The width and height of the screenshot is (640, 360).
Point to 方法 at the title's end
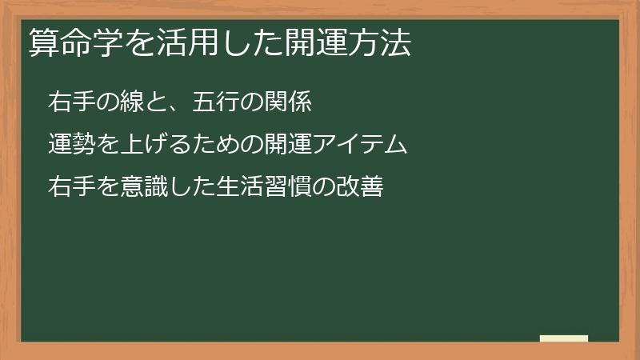(x=382, y=45)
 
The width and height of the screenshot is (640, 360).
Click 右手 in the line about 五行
(x=70, y=102)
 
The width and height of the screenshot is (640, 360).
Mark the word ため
(x=216, y=145)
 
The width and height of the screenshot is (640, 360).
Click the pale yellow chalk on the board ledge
(x=563, y=338)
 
